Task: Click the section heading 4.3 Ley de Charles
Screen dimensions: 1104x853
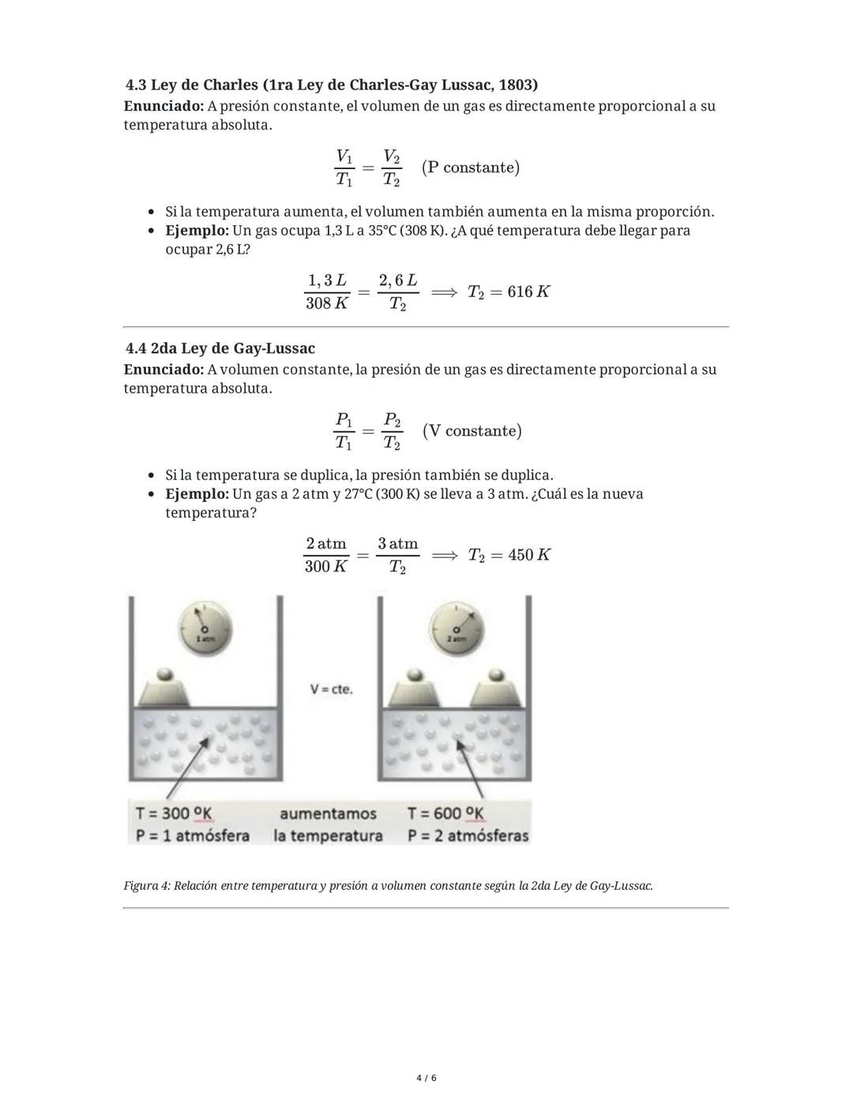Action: pos(332,85)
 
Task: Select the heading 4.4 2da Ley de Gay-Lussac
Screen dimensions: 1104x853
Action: pos(220,349)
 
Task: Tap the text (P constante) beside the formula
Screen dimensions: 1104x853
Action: pos(471,168)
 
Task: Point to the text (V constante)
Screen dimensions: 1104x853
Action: pos(472,431)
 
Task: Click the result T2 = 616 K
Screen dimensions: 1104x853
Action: pos(509,292)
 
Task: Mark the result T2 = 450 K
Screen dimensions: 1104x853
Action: pos(509,555)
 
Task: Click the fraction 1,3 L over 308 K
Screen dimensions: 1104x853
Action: pos(327,292)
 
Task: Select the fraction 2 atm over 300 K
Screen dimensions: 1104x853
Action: pos(326,555)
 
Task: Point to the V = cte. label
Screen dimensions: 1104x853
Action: pos(332,689)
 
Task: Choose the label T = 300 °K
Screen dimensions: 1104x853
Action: pos(174,813)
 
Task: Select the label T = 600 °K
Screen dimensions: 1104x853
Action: pos(446,813)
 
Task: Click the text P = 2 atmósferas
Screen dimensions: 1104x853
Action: pos(468,835)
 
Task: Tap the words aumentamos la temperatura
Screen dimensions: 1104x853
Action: pos(328,824)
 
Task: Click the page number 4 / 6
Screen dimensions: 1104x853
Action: pos(426,1078)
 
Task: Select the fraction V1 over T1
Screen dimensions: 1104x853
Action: pos(344,168)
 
